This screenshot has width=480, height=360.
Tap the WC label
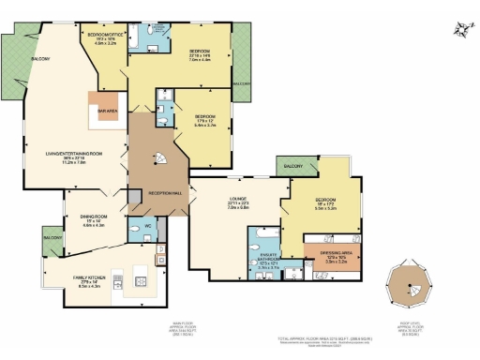click(x=147, y=226)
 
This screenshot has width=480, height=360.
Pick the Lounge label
click(x=237, y=199)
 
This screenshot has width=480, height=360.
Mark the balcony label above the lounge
click(x=292, y=165)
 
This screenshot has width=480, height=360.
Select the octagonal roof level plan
click(x=410, y=280)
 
